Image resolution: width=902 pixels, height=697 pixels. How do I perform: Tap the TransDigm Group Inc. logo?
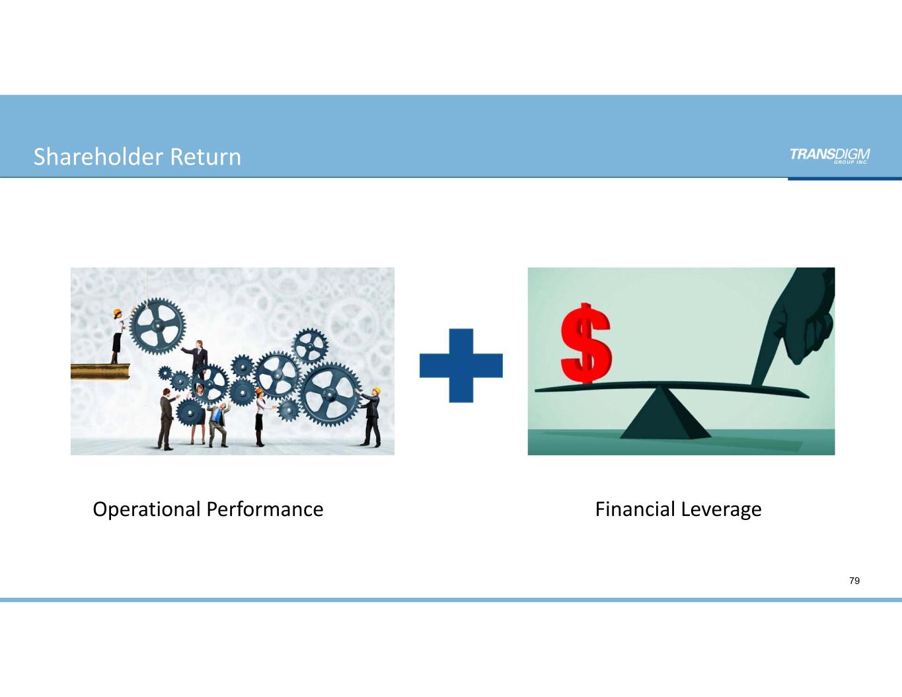(x=829, y=155)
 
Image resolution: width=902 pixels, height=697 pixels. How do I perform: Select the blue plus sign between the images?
(x=461, y=365)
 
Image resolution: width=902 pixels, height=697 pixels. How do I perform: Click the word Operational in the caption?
(x=146, y=509)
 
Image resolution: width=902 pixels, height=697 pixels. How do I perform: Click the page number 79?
(x=854, y=581)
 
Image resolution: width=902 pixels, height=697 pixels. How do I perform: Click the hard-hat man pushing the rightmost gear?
(x=373, y=418)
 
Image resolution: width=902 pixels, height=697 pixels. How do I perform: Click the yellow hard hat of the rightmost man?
(x=376, y=390)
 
